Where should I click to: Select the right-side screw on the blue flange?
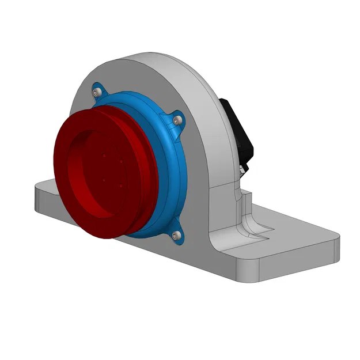(177, 119)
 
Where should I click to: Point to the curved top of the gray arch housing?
(167, 60)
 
